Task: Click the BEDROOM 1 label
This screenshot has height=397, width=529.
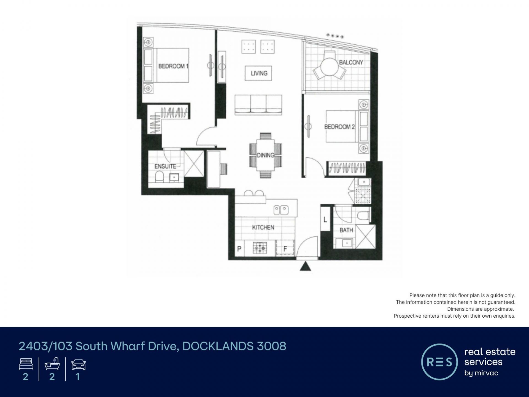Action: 173,66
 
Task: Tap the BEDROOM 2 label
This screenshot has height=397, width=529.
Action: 339,127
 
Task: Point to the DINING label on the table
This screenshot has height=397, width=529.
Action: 266,155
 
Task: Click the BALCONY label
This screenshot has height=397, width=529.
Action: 351,62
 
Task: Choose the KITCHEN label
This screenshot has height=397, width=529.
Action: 263,227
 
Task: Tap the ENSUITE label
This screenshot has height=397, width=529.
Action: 165,166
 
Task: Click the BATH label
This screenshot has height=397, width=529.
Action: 346,230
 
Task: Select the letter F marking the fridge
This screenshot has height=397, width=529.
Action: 285,249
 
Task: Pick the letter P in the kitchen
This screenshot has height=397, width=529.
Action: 239,249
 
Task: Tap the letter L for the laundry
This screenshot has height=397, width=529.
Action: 325,220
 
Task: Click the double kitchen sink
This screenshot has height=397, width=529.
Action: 281,210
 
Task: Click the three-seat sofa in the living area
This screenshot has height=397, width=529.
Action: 258,105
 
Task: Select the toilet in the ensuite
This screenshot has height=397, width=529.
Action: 159,176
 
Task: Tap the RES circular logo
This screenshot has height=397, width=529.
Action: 439,362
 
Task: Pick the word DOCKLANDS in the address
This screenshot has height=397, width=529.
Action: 218,346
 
